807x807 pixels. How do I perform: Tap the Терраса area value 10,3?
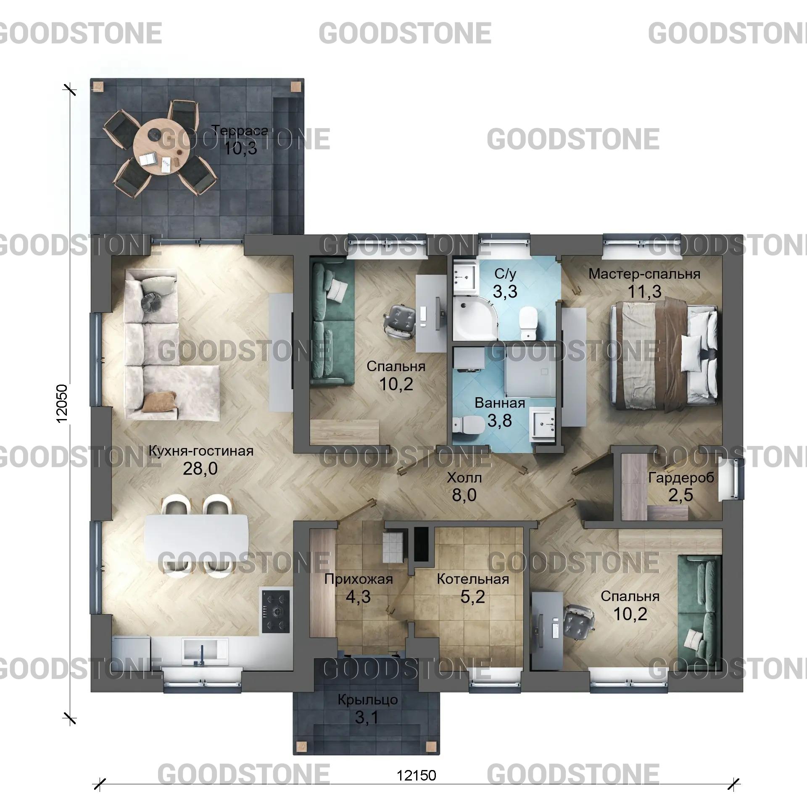coord(240,148)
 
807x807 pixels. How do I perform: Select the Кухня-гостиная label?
coord(201,451)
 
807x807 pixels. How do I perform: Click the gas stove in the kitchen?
coord(276,612)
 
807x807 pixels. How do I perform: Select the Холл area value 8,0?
coord(464,495)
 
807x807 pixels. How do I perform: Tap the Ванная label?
coord(500,403)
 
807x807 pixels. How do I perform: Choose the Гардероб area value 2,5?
coord(680,495)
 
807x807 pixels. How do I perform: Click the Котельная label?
coord(473,579)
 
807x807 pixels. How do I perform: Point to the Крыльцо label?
coord(368,700)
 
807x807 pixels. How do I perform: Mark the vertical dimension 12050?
coord(61,403)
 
